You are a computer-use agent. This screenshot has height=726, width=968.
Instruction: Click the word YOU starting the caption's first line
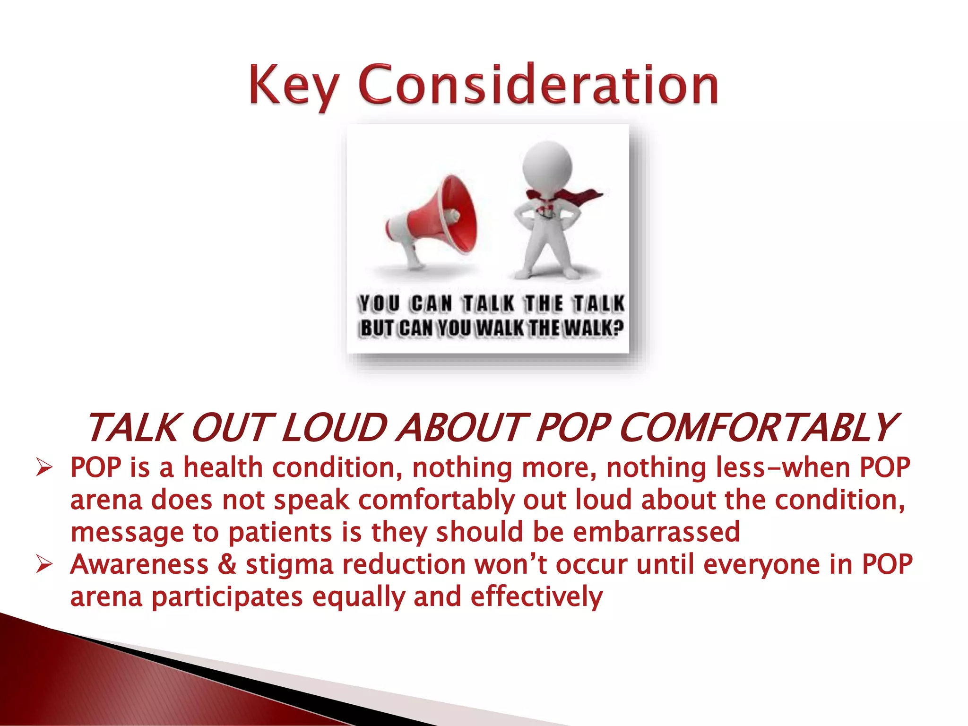coord(379,303)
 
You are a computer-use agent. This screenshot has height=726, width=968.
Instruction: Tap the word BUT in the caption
coord(377,328)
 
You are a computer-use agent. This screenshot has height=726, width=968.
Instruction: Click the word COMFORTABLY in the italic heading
coord(756,428)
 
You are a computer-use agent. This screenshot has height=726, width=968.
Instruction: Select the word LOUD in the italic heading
coord(333,428)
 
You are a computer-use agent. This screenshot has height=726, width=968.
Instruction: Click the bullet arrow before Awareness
coord(43,565)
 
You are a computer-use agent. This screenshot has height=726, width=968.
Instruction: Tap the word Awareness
coord(139,565)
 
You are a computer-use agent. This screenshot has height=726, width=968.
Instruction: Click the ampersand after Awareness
coord(227,565)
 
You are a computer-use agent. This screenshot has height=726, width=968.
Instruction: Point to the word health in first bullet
coord(223,468)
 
